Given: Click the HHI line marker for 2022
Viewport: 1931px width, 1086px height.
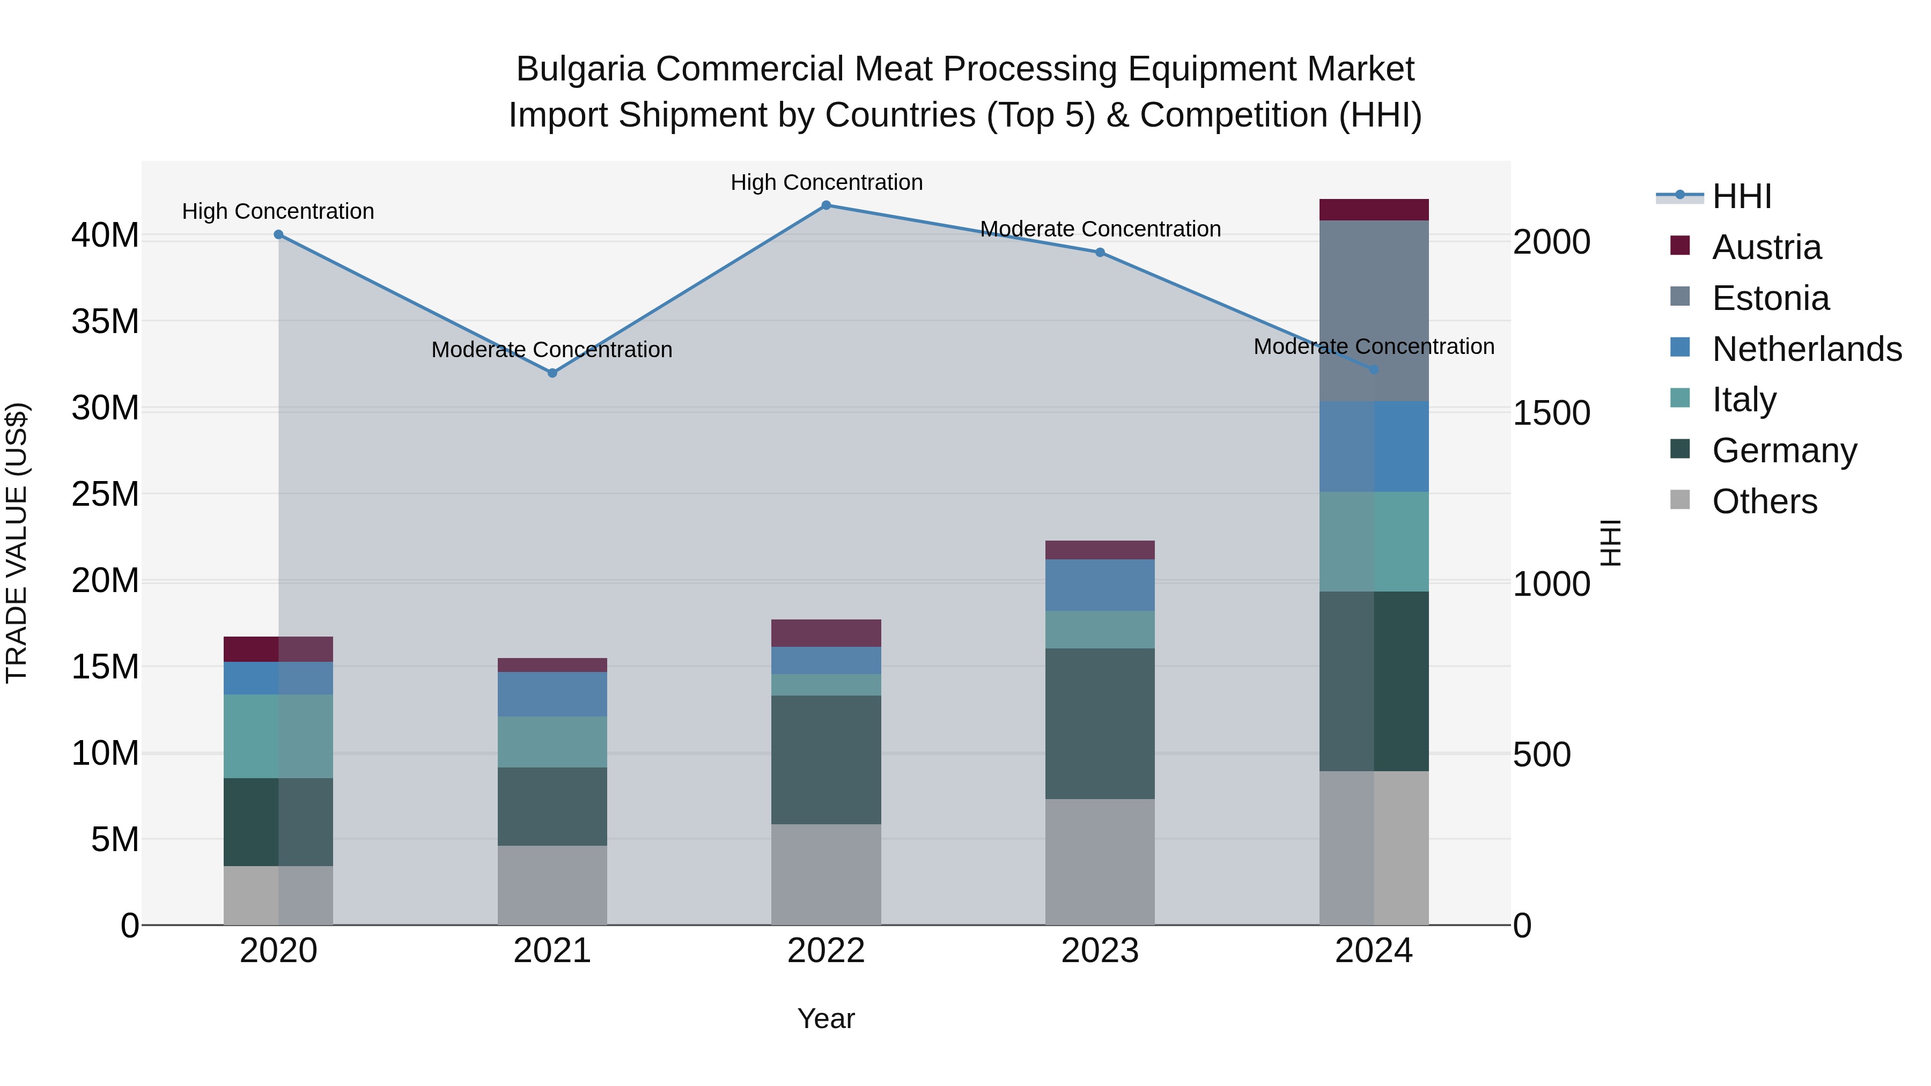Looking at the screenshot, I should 826,205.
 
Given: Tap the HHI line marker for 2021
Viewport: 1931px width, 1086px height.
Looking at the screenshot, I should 552,373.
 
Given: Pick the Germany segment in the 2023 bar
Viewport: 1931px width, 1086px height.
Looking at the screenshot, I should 1100,723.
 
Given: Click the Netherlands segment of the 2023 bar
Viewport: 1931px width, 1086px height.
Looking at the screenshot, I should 1100,585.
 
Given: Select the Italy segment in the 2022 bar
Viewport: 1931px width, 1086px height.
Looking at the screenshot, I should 826,685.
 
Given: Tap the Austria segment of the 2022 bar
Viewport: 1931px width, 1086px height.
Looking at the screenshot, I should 826,633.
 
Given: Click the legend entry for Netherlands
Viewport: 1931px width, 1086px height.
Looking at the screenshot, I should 1807,349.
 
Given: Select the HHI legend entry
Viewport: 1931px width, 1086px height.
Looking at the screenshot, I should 1741,196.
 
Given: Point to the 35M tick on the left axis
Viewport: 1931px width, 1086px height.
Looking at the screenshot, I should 105,322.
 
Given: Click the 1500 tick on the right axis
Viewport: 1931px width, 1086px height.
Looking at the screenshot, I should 1551,413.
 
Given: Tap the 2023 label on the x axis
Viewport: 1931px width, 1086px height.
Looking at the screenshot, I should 1100,951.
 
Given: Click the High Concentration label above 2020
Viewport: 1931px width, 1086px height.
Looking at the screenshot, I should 278,211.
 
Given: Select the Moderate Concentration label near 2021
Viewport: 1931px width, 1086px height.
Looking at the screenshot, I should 552,350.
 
